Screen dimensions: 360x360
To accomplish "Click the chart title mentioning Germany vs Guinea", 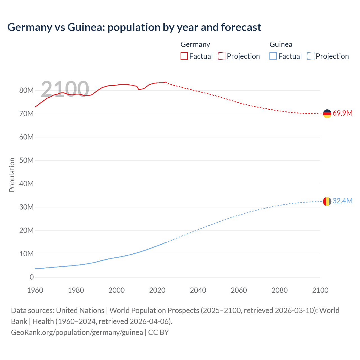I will point(134,27).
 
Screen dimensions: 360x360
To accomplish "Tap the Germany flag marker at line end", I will point(327,114).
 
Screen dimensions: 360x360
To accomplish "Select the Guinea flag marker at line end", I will point(327,201).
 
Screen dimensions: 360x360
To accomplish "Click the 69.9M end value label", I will point(342,113).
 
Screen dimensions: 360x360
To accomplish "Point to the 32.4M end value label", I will point(342,201).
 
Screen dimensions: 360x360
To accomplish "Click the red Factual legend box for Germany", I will point(184,56).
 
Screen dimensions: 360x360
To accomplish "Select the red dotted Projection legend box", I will point(222,56).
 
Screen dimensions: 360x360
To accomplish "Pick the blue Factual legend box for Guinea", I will point(273,56).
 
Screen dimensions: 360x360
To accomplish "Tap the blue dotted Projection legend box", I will point(310,56).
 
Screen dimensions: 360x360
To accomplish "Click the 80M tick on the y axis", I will point(26,90).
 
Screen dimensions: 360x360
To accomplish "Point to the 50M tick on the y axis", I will point(26,160).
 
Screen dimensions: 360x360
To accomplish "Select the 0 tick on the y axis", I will point(31,277).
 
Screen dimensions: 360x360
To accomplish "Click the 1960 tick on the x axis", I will point(35,290).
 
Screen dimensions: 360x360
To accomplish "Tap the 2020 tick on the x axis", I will point(157,290).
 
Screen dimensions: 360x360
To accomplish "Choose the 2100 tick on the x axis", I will point(320,290).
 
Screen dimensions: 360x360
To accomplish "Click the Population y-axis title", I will point(12,175).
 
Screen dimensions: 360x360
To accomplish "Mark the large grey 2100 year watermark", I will point(65,89).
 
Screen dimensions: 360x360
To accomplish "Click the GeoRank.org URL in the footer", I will point(77,332).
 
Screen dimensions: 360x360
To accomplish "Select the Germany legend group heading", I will point(195,44).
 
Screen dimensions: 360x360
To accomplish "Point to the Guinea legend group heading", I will point(281,44).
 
